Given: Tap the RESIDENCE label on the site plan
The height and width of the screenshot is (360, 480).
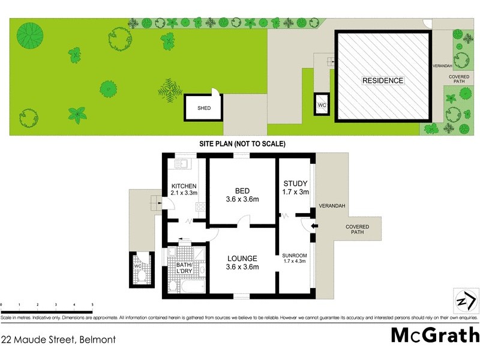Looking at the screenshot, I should pos(382,80).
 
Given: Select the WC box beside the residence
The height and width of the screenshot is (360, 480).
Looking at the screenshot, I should pos(322,105).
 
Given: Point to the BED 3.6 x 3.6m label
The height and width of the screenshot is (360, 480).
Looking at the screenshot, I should pos(242,195).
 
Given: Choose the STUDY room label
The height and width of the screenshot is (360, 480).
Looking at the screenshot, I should pos(295,188).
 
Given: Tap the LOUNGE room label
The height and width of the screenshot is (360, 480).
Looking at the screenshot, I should pos(242,263).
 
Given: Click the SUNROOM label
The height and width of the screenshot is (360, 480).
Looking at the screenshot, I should pos(294,259).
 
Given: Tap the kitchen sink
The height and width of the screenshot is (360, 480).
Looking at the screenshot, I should pos(182,163).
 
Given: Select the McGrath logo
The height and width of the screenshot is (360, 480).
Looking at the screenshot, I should pos(435,335).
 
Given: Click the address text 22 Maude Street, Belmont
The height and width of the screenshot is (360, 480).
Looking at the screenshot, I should pos(58,340).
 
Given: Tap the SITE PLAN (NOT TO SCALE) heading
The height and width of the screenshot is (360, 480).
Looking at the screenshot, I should pos(242,144).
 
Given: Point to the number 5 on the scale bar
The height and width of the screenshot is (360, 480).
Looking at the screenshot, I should pos(92,305).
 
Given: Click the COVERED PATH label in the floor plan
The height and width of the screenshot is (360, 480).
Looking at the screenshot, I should pos(357,230).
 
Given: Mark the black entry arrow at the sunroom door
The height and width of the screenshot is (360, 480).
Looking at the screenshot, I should pos(314,226).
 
